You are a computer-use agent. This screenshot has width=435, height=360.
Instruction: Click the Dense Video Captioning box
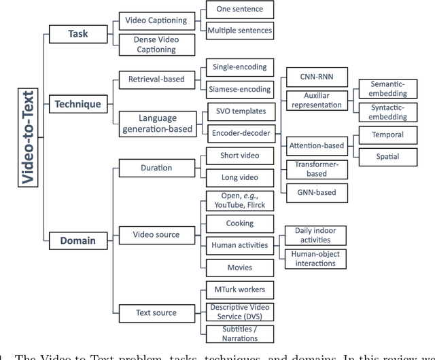coord(156,45)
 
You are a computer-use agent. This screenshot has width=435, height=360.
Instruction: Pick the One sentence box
coord(240,10)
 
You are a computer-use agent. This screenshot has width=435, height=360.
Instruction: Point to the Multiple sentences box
coord(240,30)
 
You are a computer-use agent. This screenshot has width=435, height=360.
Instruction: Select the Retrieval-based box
coord(156,79)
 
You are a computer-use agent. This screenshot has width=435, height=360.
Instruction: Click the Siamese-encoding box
coord(240,88)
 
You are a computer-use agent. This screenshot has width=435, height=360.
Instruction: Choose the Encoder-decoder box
coord(240,133)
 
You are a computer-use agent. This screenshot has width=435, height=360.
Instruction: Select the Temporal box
coord(387,134)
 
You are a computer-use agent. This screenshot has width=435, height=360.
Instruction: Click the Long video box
coord(240,177)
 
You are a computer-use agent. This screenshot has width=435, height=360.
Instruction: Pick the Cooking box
coord(240,223)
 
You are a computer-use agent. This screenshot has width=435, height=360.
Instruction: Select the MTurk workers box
coord(240,290)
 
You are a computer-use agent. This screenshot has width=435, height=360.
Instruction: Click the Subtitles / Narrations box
coord(240,334)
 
